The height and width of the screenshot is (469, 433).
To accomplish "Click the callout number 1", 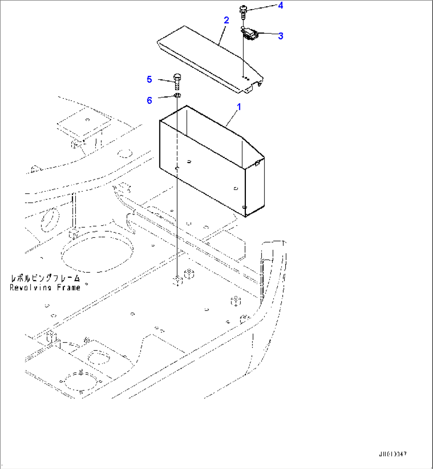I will coord(239,107).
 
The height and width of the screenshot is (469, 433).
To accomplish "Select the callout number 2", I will coord(226,20).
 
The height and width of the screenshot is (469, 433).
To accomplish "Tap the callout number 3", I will coord(280,36).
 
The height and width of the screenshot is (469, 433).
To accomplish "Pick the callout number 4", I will coord(280,6).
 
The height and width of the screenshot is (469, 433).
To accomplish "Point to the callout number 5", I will coord(149,79).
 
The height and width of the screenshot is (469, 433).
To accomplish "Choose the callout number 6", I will coord(149,100).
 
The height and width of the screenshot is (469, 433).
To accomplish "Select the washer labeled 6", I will coord(177,95).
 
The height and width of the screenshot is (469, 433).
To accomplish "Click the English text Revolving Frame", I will coord(45,287).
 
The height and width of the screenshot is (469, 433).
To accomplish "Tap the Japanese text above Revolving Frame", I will coord(45,278).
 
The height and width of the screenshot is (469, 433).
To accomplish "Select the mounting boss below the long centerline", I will coord(177,281).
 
